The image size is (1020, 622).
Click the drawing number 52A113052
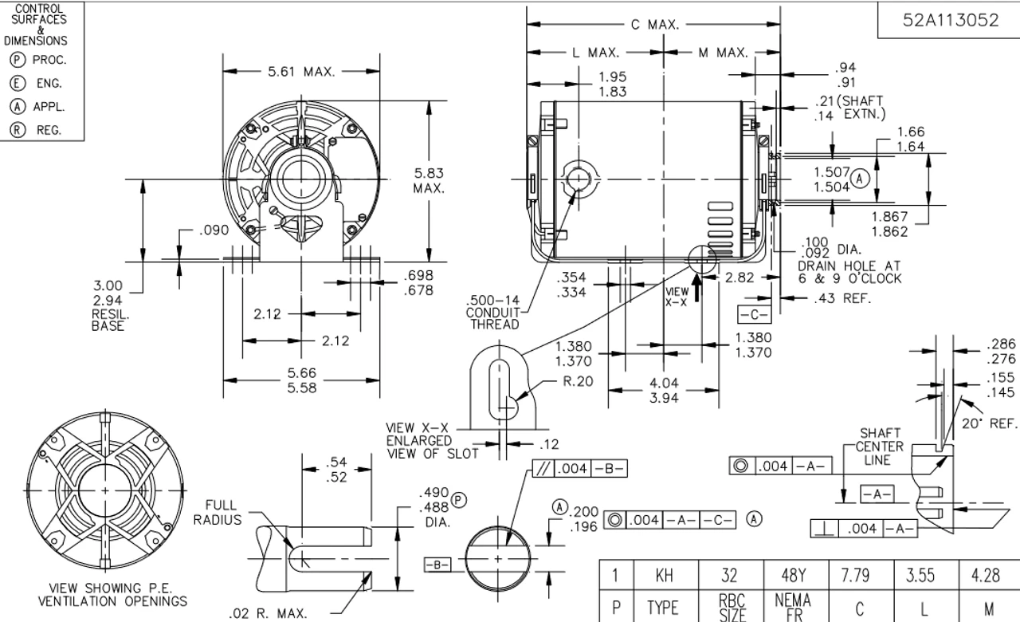click(x=950, y=22)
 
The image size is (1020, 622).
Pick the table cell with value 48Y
click(x=792, y=575)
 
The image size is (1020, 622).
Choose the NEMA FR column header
click(x=792, y=606)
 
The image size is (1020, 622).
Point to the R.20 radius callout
click(x=578, y=381)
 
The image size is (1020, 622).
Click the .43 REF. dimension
click(x=842, y=299)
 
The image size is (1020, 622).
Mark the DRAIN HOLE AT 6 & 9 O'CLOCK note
click(x=849, y=271)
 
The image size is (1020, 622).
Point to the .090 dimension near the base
click(x=214, y=230)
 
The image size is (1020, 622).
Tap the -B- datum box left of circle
click(x=437, y=565)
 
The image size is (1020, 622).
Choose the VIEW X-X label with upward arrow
click(x=676, y=297)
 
